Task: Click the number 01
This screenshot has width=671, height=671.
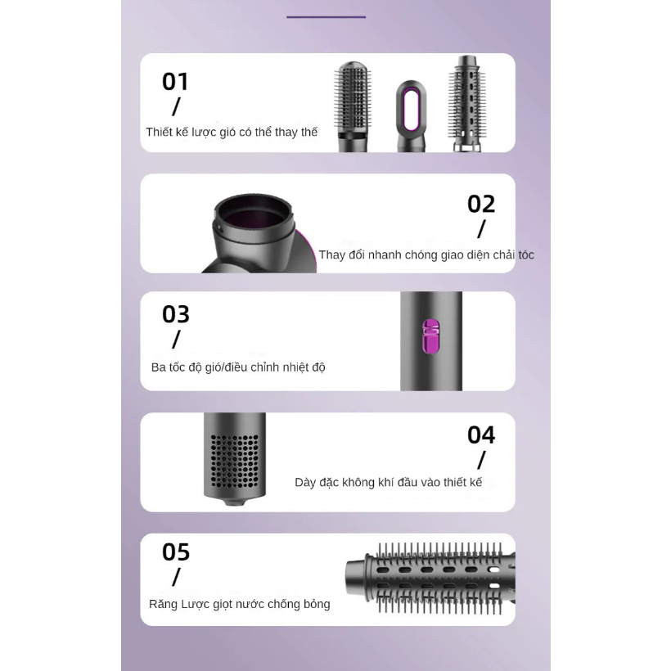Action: [x=175, y=82]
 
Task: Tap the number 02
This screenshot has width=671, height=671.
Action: [x=481, y=204]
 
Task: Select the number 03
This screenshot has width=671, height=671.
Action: [x=176, y=314]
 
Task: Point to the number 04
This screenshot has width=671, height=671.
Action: [x=481, y=435]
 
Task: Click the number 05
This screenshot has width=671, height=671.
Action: [x=176, y=552]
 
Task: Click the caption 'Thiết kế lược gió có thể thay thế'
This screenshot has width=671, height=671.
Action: [x=232, y=132]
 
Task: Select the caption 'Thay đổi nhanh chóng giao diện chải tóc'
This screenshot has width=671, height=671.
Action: [x=426, y=255]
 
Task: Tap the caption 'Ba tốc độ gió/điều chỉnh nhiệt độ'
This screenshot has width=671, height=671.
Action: [x=238, y=367]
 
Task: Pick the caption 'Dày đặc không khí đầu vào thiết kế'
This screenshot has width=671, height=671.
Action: [x=388, y=483]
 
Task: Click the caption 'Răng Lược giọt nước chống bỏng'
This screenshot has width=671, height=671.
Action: [x=240, y=605]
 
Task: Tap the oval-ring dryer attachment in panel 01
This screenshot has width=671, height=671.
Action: [x=412, y=115]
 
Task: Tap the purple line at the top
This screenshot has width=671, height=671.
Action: [x=326, y=16]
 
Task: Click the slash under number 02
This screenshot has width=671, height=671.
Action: [x=481, y=229]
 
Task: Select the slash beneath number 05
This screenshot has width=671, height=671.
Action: [x=176, y=577]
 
